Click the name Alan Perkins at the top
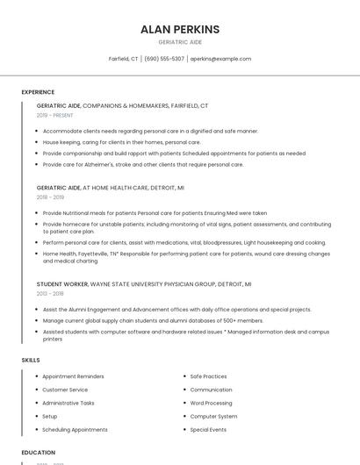(x=180, y=30)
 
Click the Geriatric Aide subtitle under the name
(x=180, y=42)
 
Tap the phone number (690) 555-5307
(x=164, y=59)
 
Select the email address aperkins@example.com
(x=220, y=59)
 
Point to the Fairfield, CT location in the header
(x=123, y=59)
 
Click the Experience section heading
(x=38, y=92)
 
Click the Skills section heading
(x=31, y=360)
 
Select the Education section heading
(x=38, y=453)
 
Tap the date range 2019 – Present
(x=55, y=115)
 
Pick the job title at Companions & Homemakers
(x=122, y=105)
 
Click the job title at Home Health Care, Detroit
(x=111, y=188)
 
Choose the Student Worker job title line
(x=144, y=284)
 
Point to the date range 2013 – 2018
(x=50, y=294)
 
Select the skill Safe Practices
(x=208, y=376)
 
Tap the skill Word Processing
(x=211, y=403)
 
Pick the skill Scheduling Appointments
(x=75, y=430)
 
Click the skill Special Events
(x=208, y=430)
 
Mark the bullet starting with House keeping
(x=121, y=142)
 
